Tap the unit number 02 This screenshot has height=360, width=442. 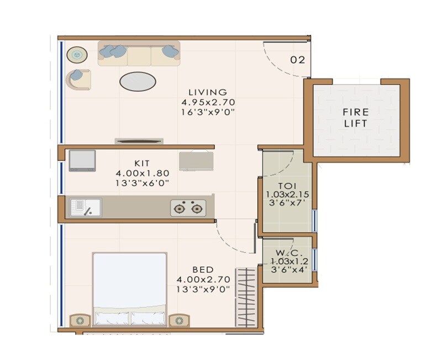(x=297, y=60)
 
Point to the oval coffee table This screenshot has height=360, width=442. (x=138, y=82)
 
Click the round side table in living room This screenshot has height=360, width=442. (x=77, y=55)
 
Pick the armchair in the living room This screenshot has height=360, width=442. (x=78, y=79)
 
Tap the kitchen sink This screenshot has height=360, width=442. (x=85, y=208)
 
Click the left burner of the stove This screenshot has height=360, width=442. (x=179, y=208)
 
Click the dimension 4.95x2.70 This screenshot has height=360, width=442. (x=199, y=102)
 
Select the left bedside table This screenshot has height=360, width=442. (x=81, y=320)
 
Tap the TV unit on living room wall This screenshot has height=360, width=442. (x=139, y=141)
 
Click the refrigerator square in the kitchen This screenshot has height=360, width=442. (x=81, y=160)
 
